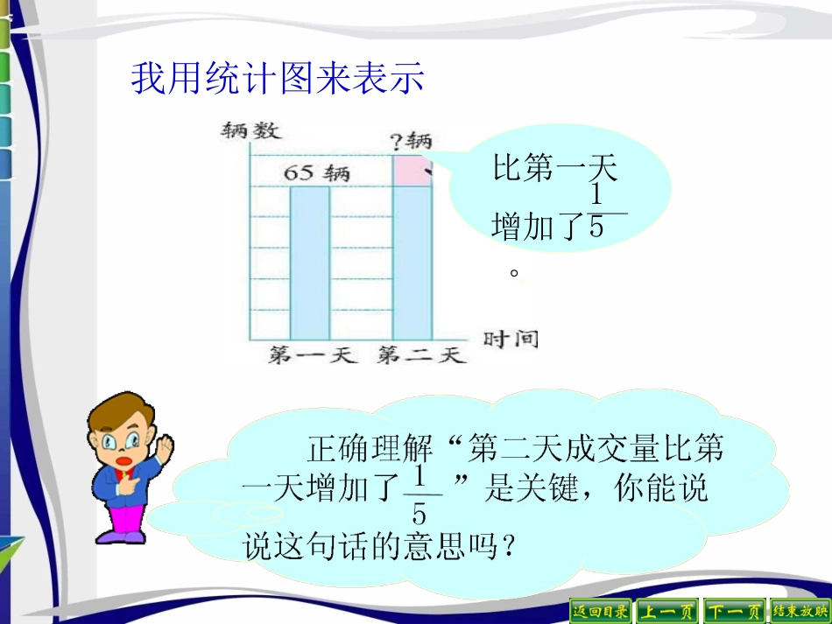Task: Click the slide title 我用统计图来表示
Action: [x=277, y=79]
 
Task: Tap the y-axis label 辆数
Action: [x=250, y=132]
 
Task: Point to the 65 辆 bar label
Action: [x=316, y=172]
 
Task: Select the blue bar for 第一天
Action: [x=310, y=263]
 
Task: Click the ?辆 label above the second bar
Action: [x=411, y=140]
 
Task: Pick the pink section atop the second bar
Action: [x=412, y=171]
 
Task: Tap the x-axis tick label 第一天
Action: [x=314, y=355]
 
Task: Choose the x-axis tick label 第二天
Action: [x=420, y=355]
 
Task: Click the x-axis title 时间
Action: [x=510, y=339]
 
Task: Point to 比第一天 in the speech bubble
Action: [x=555, y=167]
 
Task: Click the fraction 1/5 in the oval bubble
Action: [x=597, y=211]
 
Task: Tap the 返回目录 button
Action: [x=600, y=610]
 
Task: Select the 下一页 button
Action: [x=733, y=610]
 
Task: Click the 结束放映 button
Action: [x=799, y=610]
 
